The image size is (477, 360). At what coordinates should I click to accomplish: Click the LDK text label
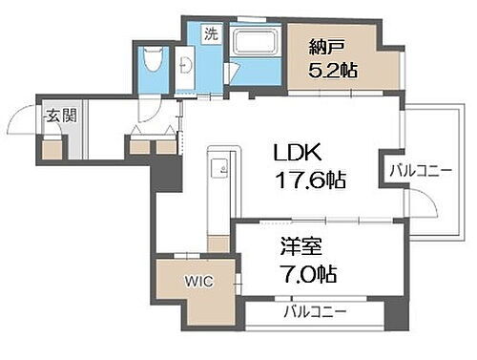tap(297, 153)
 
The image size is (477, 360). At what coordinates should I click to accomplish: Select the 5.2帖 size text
tap(332, 71)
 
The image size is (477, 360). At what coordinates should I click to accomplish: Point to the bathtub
tap(252, 44)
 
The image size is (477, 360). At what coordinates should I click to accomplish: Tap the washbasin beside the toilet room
tap(186, 65)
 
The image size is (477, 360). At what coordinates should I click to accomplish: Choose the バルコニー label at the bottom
tap(314, 312)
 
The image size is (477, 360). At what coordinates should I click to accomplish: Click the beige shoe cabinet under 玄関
tap(52, 147)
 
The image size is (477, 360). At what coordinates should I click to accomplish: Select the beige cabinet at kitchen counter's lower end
tap(218, 244)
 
